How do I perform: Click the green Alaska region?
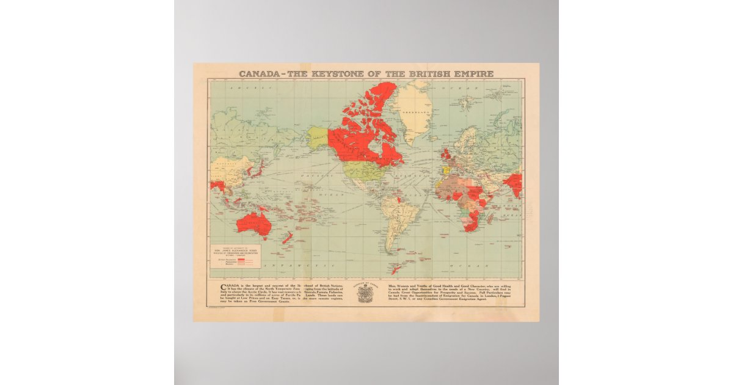coord(316,138)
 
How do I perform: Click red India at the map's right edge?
coord(515,183)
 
